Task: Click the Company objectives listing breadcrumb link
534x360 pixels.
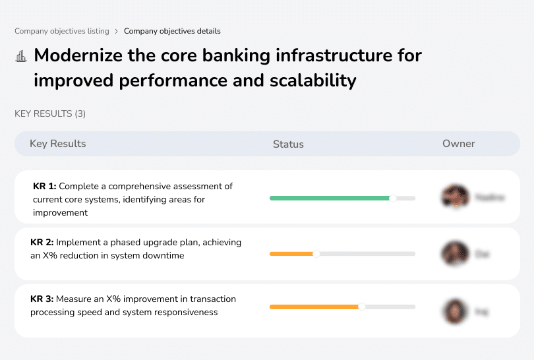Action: point(62,31)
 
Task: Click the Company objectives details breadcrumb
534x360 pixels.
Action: point(172,31)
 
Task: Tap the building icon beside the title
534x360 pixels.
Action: point(21,56)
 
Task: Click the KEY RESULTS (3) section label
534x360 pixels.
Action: point(50,113)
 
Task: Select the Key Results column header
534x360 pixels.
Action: point(57,144)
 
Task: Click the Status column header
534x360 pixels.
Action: point(288,144)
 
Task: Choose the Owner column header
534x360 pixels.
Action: point(459,144)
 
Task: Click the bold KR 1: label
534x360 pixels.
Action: point(45,187)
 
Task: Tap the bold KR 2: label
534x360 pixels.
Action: point(42,243)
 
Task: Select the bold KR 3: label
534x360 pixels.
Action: point(42,299)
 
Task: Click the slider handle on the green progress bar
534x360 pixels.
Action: point(393,198)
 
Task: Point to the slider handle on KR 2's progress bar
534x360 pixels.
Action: point(316,254)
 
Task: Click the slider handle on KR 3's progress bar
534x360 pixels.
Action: point(361,307)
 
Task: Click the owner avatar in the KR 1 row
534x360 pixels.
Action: point(455,197)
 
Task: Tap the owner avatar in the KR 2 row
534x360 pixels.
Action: point(455,254)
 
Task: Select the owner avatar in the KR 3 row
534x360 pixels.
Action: point(455,311)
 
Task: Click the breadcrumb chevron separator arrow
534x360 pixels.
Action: point(117,31)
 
